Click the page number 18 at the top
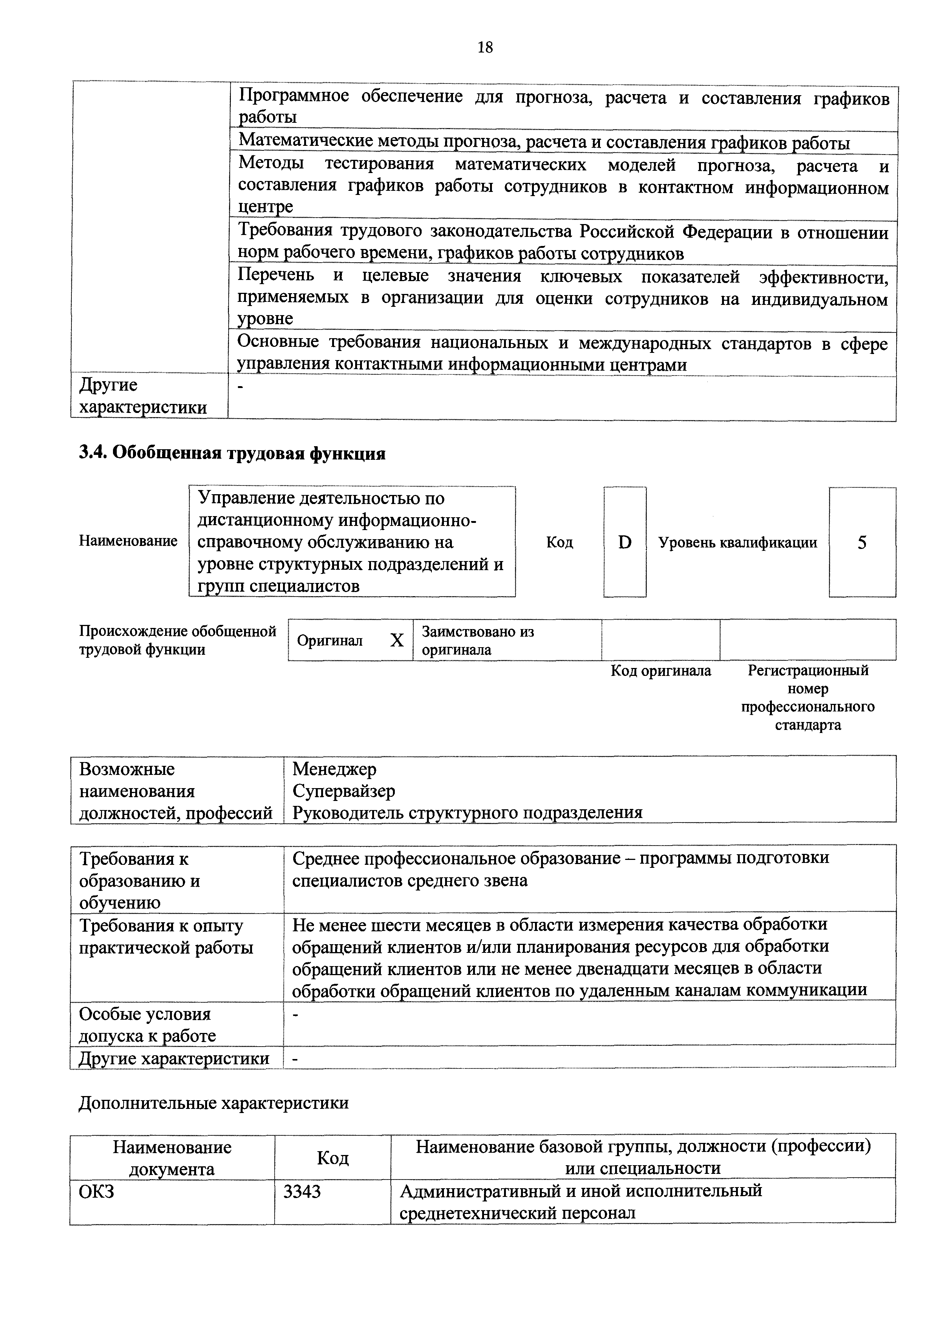coord(485,47)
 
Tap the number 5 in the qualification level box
coord(861,543)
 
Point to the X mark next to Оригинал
coord(397,640)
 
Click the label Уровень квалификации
coord(738,543)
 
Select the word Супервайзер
coord(343,791)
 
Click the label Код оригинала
coord(661,671)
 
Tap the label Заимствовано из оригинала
coord(478,640)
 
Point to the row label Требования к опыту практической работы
coord(166,937)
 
